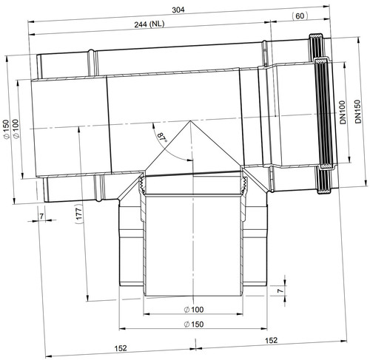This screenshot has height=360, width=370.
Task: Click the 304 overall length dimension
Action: tap(178, 10)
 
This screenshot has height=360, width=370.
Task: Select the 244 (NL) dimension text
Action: tap(149, 24)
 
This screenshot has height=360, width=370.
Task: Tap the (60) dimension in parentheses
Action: tap(300, 16)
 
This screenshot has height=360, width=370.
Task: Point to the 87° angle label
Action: tap(162, 137)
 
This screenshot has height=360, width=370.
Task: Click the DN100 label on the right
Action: tap(343, 112)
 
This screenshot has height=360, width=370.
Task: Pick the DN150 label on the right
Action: tap(357, 112)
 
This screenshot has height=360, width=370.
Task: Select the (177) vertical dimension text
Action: tap(78, 214)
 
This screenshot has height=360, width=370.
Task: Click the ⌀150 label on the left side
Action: tap(7, 129)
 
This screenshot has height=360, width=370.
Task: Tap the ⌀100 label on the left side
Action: tap(16, 129)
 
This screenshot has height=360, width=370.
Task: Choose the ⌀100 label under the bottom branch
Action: tap(194, 310)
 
